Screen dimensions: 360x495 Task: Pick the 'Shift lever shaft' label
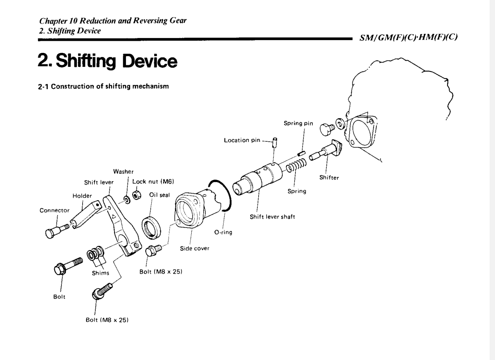[269, 218]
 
